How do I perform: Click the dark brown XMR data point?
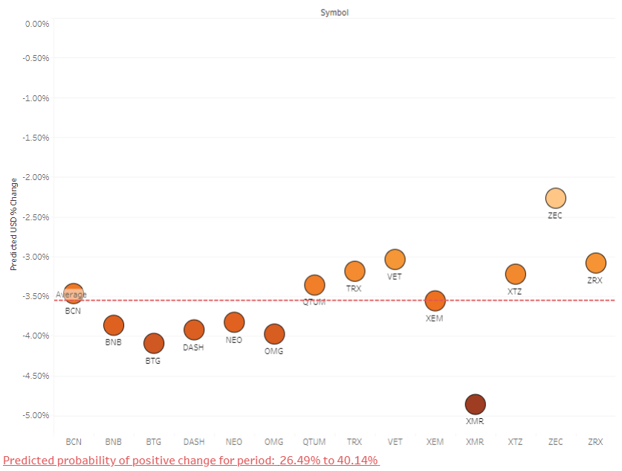coord(475,404)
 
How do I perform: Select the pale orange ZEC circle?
coord(555,198)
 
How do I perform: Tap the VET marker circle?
coord(395,259)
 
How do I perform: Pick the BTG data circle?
coord(154,343)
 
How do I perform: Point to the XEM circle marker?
coord(435,301)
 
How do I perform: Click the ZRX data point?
coord(595,263)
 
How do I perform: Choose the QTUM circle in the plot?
coord(314,285)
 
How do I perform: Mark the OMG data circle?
coord(274,333)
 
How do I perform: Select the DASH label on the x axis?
coord(194,442)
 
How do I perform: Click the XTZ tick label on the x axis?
coord(515,442)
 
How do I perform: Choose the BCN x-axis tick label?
coord(74,442)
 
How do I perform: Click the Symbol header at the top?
coord(334,12)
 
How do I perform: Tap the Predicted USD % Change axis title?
coord(13,224)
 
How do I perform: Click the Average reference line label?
coord(71,295)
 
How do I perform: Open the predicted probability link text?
coord(191,461)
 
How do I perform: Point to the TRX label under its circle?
coord(354,287)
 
